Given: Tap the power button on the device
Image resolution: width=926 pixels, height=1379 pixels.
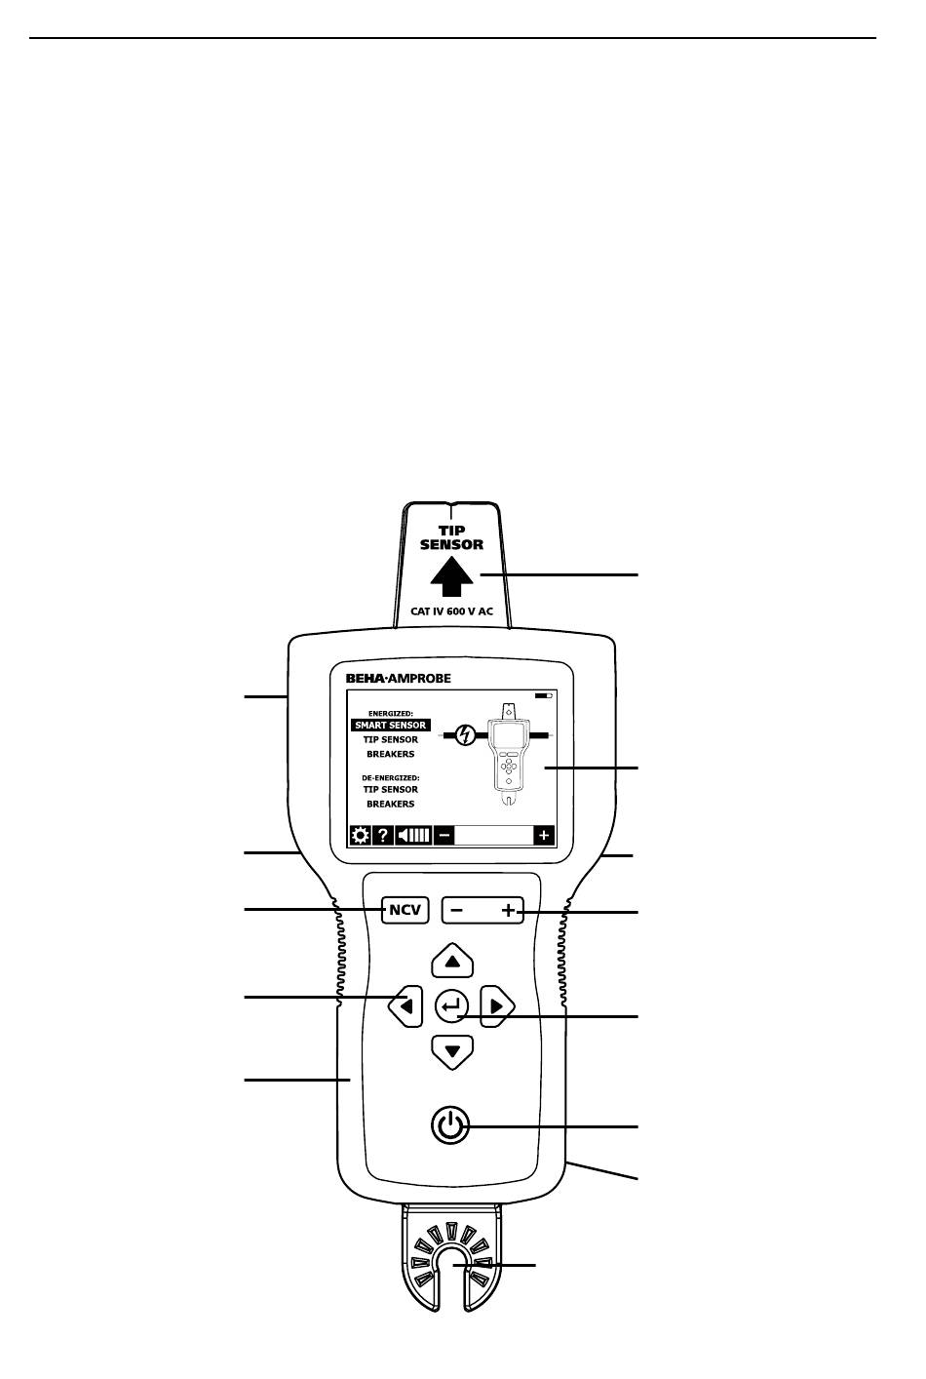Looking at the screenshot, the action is tap(450, 1126).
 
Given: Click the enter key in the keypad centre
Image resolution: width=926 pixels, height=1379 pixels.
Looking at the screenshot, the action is tap(451, 1006).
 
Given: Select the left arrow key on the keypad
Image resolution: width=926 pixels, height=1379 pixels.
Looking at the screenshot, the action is tap(405, 1006).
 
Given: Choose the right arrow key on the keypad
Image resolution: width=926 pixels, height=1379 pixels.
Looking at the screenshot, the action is tap(497, 1006).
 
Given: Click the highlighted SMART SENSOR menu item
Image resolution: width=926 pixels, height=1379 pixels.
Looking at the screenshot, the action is tap(391, 726).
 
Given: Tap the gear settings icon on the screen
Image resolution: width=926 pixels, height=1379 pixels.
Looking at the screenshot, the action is tap(360, 836).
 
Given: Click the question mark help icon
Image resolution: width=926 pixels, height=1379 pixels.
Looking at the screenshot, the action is tap(383, 836).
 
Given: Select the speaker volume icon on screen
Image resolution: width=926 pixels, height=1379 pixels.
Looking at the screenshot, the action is tap(413, 836).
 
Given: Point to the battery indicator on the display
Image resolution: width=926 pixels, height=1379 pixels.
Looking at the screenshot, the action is tap(543, 695).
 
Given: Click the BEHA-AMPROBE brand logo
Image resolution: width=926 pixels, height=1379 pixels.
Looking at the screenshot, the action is tap(398, 679).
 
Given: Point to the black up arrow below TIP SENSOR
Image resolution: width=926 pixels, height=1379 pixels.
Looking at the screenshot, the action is tap(451, 576).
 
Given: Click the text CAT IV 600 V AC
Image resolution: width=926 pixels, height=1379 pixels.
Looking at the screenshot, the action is tap(451, 611).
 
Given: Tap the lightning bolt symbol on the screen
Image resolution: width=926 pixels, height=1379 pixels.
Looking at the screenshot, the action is tap(466, 735).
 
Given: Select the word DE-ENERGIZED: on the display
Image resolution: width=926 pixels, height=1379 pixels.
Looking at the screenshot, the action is tap(391, 778).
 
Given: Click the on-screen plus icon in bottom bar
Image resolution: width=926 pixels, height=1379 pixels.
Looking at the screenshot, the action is tap(544, 836).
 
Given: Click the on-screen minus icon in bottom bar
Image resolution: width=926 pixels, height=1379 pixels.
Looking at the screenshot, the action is tap(444, 836).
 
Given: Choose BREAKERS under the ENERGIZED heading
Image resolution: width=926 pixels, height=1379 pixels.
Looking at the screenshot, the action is tap(391, 754).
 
